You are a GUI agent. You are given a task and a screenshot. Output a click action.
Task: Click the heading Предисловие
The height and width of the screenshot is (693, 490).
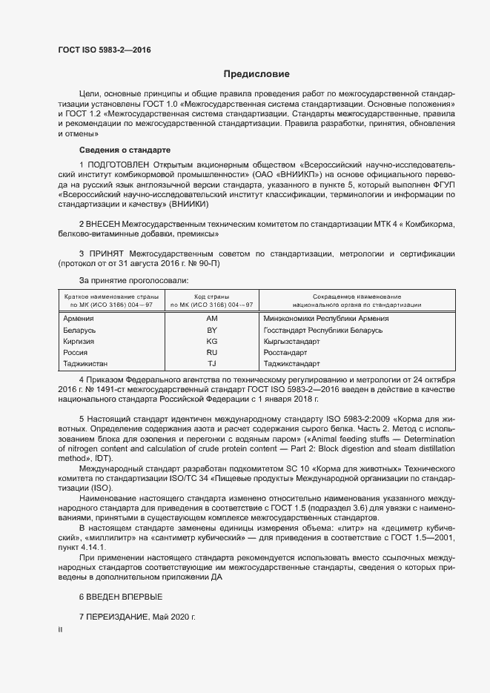[256, 74]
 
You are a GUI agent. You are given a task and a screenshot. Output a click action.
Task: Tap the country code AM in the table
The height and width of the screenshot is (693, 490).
[211, 319]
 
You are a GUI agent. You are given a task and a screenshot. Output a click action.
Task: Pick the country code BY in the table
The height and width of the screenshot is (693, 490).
[211, 330]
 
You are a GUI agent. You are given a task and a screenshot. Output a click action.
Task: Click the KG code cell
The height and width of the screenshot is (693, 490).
[211, 342]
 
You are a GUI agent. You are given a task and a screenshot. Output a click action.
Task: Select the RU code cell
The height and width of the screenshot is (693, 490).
[211, 353]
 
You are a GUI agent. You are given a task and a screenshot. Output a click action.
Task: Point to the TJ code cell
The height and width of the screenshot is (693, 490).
[211, 364]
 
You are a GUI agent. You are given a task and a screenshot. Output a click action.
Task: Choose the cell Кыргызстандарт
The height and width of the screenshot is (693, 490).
[291, 342]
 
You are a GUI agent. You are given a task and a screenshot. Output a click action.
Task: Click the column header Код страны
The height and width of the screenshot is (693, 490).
[211, 296]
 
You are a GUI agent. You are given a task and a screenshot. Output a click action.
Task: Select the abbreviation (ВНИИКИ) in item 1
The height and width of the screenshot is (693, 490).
[190, 203]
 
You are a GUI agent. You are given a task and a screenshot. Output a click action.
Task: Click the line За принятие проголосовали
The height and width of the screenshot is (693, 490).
[124, 281]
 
